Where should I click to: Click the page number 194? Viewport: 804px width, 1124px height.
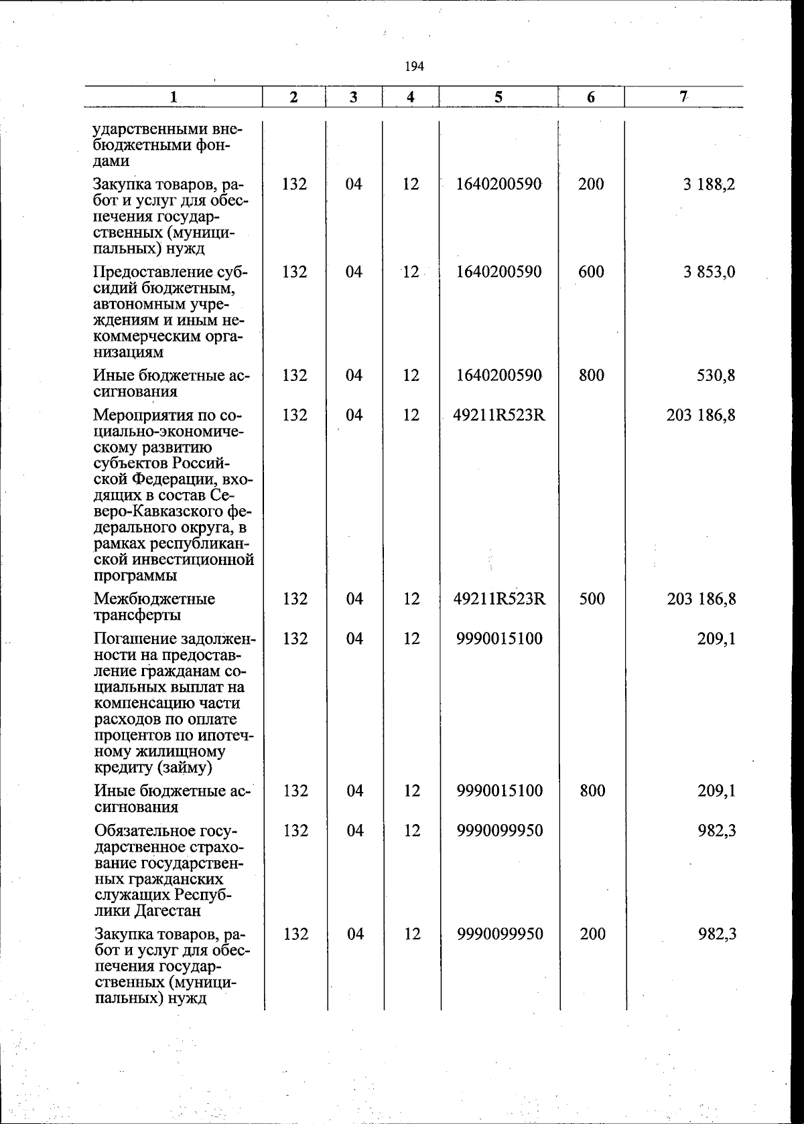pos(415,66)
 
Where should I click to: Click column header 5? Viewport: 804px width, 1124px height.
pos(498,96)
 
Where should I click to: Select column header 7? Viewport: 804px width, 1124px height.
pos(683,96)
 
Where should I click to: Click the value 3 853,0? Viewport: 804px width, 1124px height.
pos(709,272)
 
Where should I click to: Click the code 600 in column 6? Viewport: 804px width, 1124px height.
pos(591,272)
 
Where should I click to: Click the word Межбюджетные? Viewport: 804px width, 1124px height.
pos(154,598)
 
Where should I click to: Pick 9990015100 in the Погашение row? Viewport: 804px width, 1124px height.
pos(500,639)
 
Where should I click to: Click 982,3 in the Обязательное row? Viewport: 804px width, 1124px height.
pos(717,831)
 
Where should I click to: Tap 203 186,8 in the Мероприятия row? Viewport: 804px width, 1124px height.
pos(701,415)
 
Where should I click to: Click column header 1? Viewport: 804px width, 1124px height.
pos(173,96)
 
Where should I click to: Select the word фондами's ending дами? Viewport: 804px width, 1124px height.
pos(111,161)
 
